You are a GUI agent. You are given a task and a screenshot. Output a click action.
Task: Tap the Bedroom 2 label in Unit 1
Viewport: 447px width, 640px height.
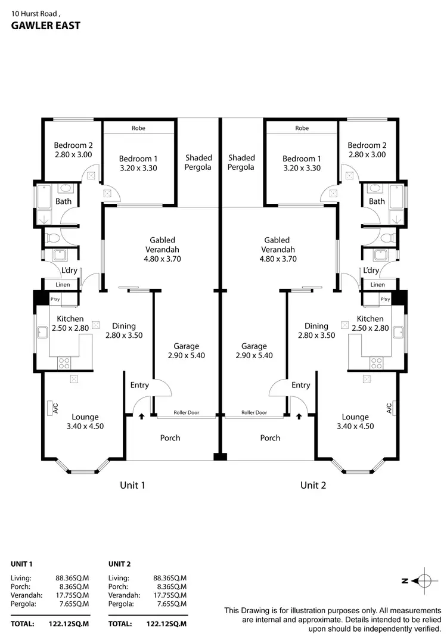73,145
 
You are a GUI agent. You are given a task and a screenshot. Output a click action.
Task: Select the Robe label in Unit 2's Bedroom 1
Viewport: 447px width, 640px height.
302,128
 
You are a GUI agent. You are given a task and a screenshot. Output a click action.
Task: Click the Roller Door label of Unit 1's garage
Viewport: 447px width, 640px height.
186,412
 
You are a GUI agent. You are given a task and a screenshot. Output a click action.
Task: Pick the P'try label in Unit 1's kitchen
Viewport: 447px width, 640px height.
55,299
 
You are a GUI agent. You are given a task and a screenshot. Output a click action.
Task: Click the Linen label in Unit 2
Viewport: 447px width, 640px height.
377,285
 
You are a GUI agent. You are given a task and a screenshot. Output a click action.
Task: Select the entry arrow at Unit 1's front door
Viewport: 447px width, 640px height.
141,417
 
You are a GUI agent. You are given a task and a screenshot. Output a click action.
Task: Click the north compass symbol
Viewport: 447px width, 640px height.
422,581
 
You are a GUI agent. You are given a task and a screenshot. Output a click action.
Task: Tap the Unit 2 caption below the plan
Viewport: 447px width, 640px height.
313,485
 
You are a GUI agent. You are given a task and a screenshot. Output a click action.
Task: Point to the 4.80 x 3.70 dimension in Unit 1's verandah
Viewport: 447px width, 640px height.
162,259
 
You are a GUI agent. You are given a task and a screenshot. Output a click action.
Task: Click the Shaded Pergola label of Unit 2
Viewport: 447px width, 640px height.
241,162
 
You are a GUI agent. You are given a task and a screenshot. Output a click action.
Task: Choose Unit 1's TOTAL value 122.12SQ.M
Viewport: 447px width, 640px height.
69,624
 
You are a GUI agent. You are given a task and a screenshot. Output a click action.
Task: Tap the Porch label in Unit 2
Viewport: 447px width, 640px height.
270,438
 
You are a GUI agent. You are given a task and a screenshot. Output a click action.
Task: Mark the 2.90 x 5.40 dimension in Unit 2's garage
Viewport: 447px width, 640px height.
254,355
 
